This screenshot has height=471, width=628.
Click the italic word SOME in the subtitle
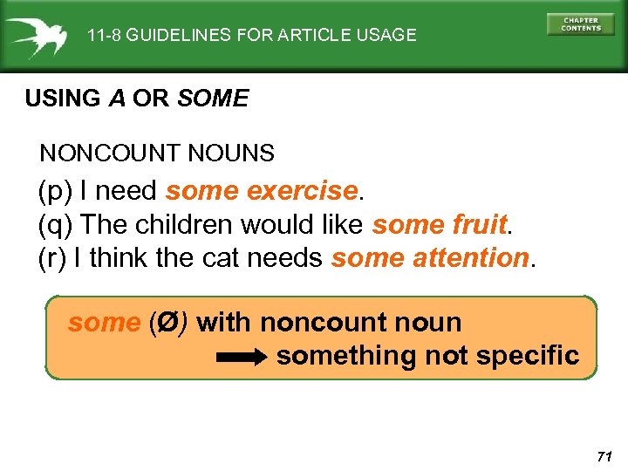[x=213, y=99]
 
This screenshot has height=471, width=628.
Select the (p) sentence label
[x=55, y=190]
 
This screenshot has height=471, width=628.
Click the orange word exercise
[x=303, y=190]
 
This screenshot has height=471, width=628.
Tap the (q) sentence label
[x=55, y=224]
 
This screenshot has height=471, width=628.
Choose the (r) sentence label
[x=53, y=258]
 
